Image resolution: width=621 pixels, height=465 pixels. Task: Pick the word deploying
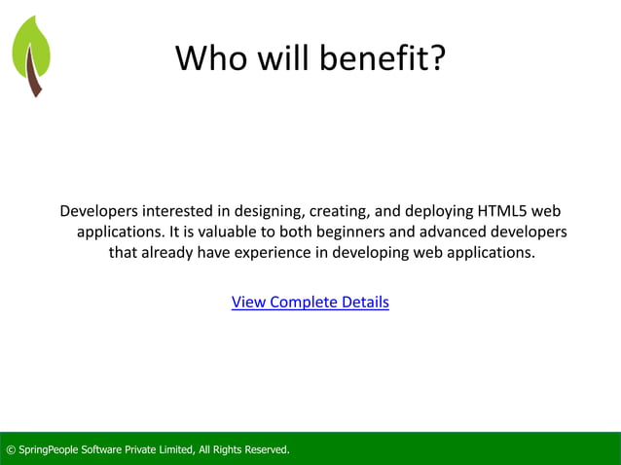click(431, 211)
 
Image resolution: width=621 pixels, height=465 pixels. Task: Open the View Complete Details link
click(310, 302)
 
